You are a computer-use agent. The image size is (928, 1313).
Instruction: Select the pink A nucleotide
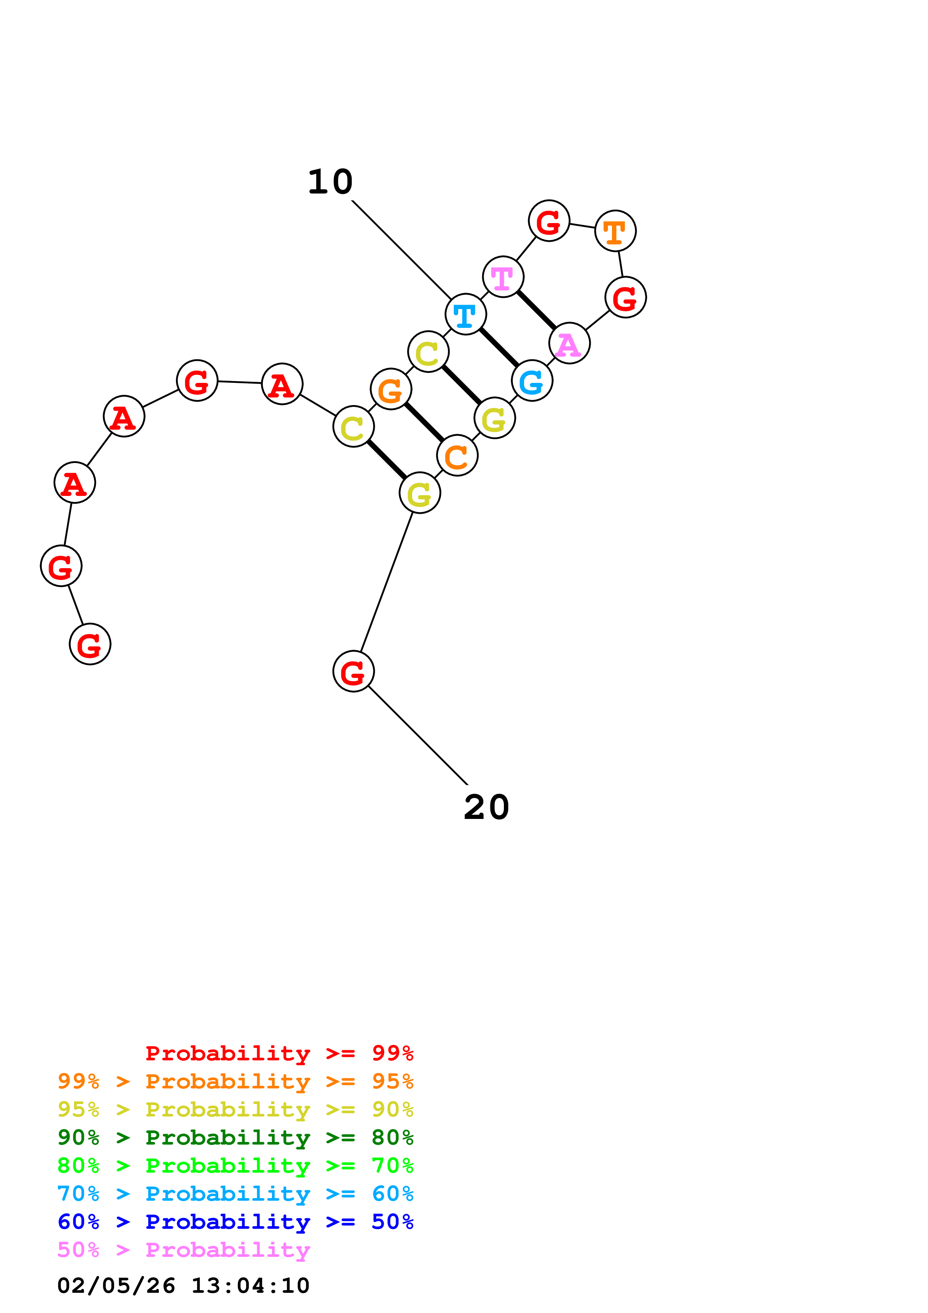click(x=569, y=343)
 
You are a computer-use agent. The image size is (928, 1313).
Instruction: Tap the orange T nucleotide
click(x=615, y=231)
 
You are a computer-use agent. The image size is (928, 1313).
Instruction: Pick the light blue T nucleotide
click(x=465, y=314)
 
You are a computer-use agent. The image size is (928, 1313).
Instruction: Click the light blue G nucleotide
click(x=532, y=381)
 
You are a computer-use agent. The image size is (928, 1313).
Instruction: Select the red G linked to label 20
click(x=353, y=671)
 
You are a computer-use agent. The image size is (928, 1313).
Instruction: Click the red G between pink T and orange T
click(x=549, y=221)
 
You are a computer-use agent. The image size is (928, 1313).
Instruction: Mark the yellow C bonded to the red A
click(x=353, y=427)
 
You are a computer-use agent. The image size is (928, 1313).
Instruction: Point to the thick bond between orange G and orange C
click(x=424, y=422)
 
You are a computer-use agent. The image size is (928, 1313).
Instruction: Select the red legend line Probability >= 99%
click(x=279, y=1053)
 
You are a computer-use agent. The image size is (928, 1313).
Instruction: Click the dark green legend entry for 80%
click(x=235, y=1137)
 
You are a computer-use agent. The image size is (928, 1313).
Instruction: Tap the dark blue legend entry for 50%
click(x=235, y=1222)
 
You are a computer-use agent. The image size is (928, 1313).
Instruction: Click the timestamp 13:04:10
click(x=250, y=1286)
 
